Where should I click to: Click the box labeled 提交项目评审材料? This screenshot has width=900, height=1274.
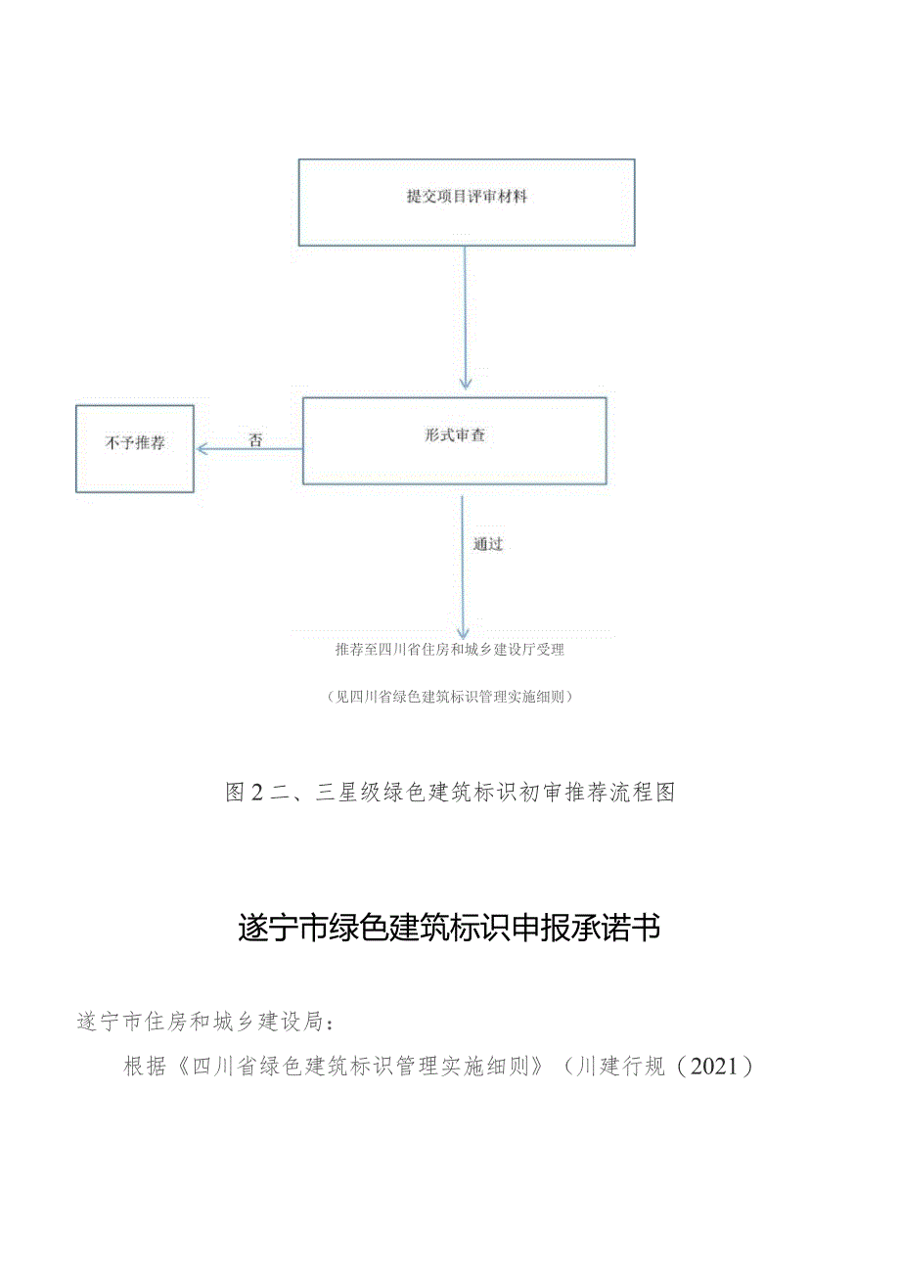pos(467,202)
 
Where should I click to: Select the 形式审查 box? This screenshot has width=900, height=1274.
pos(454,441)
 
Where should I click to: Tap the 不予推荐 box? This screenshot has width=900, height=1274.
pos(135,448)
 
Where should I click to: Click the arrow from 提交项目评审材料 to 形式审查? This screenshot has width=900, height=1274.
pos(466,318)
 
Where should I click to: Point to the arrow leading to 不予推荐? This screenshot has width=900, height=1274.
pos(249,448)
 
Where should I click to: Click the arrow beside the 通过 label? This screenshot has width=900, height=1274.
pos(463,568)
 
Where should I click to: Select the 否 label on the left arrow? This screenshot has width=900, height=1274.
pos(255,441)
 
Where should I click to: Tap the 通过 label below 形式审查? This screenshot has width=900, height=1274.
pos(487,544)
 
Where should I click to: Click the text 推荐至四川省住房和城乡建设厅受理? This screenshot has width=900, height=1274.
pos(450,649)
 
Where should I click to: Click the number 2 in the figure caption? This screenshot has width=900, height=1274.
pos(257,794)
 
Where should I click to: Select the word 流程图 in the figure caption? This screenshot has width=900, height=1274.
pos(643,794)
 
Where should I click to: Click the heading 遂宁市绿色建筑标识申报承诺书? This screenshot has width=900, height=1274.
pos(449,928)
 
